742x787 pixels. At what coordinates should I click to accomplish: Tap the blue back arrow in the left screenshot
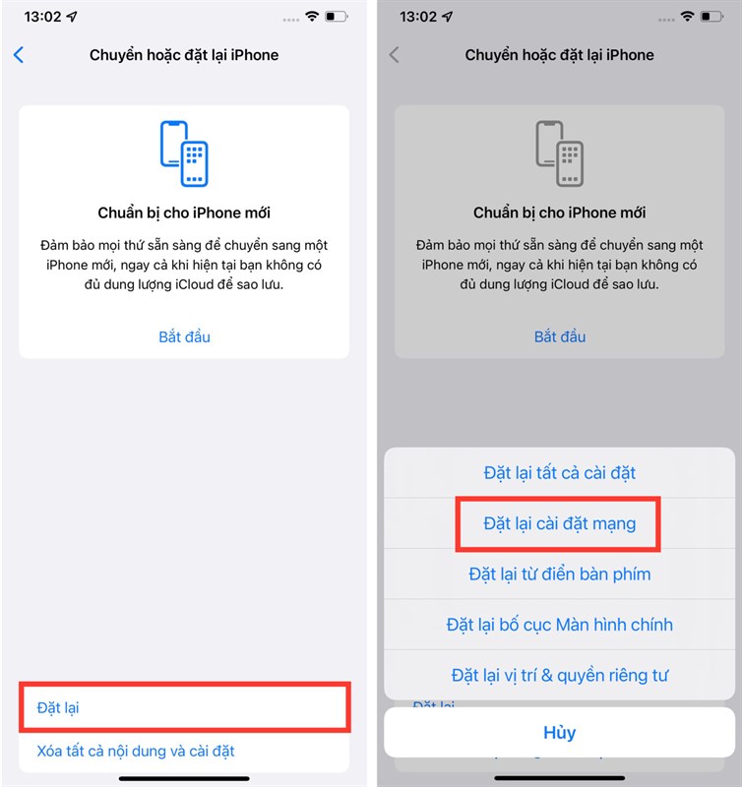pos(19,55)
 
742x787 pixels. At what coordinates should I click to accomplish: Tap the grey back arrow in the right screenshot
pos(395,55)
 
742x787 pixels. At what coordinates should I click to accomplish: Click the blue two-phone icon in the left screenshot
pos(184,152)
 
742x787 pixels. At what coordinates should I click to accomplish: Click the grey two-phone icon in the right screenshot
pos(560,152)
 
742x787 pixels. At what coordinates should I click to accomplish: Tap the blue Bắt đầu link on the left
pos(184,336)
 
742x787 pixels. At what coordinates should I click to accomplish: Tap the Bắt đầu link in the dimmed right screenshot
pos(560,336)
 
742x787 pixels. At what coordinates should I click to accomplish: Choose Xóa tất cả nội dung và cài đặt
pos(136,752)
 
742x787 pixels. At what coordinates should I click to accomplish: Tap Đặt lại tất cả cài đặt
pos(560,473)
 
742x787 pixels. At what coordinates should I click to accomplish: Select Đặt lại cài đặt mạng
pos(559,523)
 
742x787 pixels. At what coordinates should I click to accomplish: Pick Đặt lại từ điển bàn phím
pos(560,574)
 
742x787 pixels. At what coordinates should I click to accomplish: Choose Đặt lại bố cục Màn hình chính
pos(560,625)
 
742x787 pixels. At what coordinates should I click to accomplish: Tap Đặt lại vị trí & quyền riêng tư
pos(560,676)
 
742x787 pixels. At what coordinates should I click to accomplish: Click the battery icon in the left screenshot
pos(338,17)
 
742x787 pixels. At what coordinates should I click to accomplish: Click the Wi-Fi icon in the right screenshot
pos(688,17)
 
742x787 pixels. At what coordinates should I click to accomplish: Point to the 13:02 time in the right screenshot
pos(419,17)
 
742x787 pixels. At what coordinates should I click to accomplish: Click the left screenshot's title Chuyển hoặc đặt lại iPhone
pos(184,55)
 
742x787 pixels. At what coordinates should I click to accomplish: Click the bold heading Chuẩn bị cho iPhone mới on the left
pos(184,212)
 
